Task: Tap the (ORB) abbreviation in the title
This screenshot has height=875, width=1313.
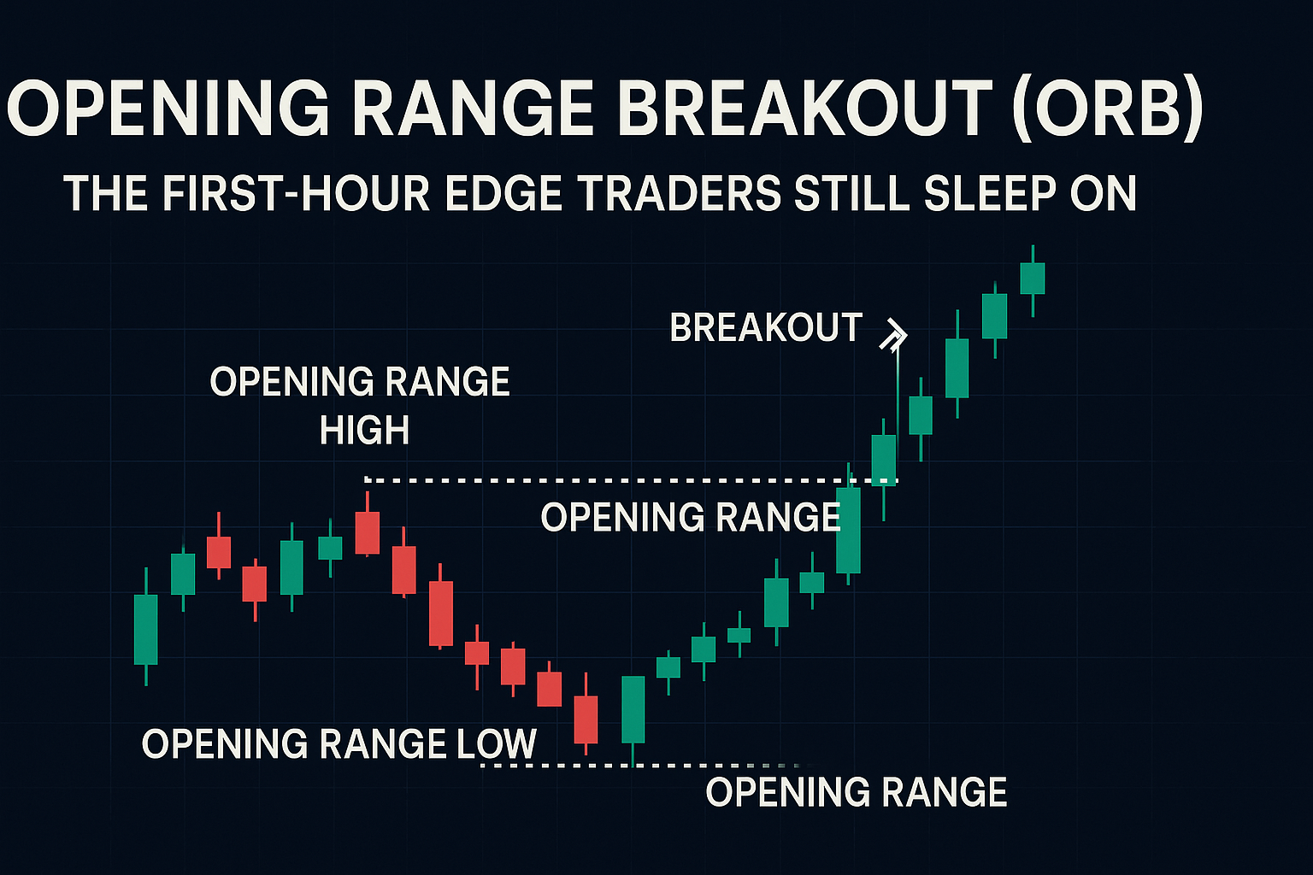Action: point(1108,109)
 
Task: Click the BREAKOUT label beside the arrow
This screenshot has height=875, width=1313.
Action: point(766,327)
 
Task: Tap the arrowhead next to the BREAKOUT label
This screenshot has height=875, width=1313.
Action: point(894,336)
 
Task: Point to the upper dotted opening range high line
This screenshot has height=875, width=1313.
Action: point(631,480)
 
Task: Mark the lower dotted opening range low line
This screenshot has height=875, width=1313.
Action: point(642,766)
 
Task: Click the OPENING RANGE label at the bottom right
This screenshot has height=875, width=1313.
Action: point(857,792)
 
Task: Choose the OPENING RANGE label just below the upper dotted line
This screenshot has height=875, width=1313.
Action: point(691,517)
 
